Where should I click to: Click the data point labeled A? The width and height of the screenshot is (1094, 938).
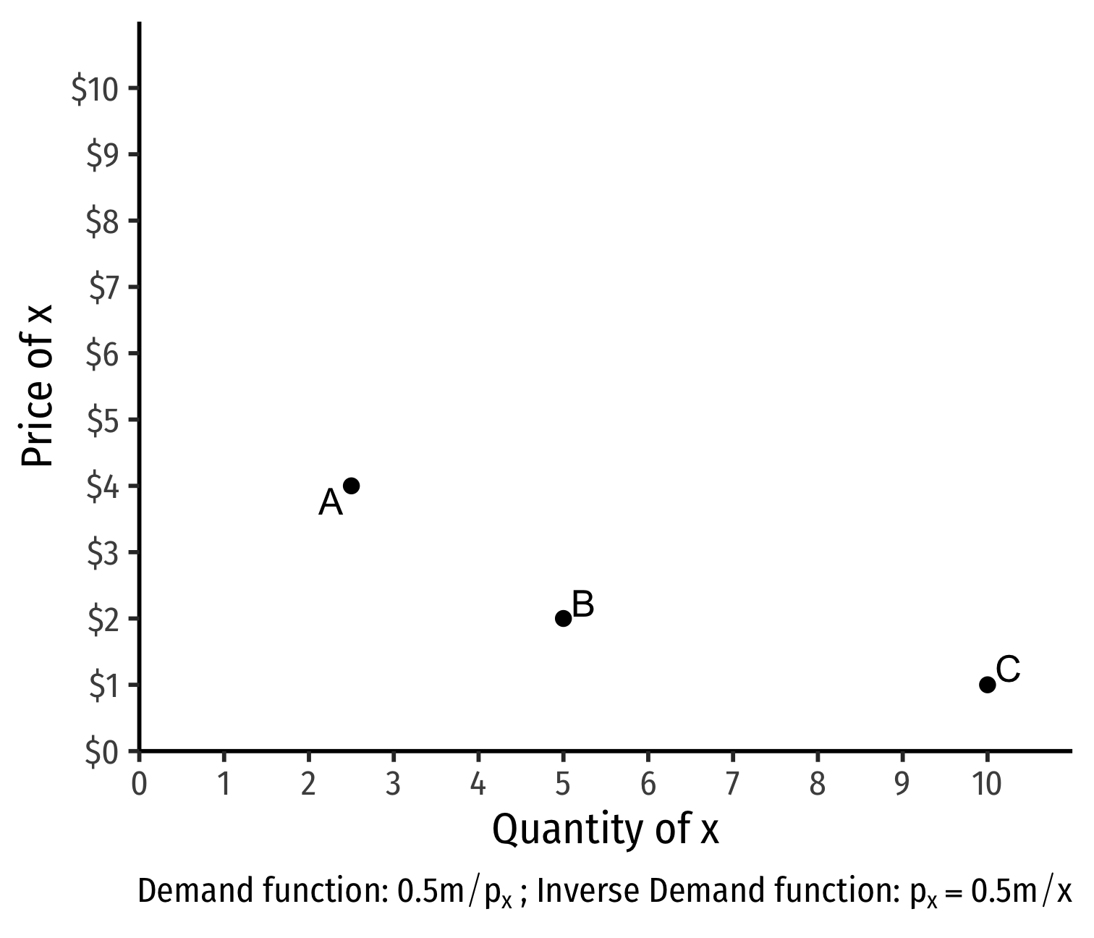point(351,486)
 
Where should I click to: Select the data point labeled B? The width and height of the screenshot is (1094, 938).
point(563,618)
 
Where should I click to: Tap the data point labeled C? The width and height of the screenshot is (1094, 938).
point(987,685)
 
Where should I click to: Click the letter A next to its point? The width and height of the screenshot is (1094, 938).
point(331,502)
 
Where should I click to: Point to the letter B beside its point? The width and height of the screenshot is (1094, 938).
point(583,604)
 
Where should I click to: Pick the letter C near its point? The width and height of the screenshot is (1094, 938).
point(1008,669)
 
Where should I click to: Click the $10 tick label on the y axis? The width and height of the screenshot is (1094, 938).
point(94,89)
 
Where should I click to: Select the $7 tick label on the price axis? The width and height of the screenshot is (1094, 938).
point(103,288)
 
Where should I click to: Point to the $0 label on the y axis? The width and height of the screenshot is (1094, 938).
point(101,752)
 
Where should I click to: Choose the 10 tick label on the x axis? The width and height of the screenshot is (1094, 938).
point(987,784)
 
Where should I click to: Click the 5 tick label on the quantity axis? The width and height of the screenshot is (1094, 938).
point(563,784)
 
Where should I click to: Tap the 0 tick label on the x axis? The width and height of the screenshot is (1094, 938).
point(139,784)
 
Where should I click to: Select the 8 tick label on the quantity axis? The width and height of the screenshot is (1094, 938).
point(818,784)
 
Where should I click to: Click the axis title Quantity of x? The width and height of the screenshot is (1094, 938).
point(606,829)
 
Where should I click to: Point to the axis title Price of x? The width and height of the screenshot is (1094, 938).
point(37,385)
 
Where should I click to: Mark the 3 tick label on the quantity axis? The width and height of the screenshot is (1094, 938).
point(394,784)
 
